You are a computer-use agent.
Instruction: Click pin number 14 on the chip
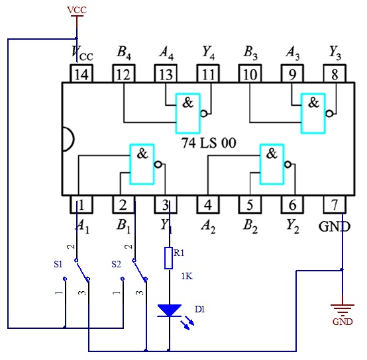click(81, 74)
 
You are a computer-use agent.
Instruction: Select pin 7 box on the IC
click(335, 204)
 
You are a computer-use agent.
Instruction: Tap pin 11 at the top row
click(208, 73)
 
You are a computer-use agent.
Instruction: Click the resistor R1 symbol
click(169, 258)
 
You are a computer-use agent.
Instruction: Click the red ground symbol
click(342, 309)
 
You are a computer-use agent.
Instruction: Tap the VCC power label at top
click(77, 10)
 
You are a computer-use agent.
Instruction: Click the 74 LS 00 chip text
click(209, 143)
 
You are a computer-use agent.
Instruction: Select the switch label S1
click(58, 264)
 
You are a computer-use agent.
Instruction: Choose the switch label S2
click(116, 264)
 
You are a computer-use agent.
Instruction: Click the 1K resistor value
click(187, 277)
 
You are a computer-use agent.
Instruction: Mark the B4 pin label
click(124, 52)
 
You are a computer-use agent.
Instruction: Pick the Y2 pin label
click(293, 226)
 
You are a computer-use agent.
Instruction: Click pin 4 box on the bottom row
click(208, 204)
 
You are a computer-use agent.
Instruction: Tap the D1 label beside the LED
click(199, 309)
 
